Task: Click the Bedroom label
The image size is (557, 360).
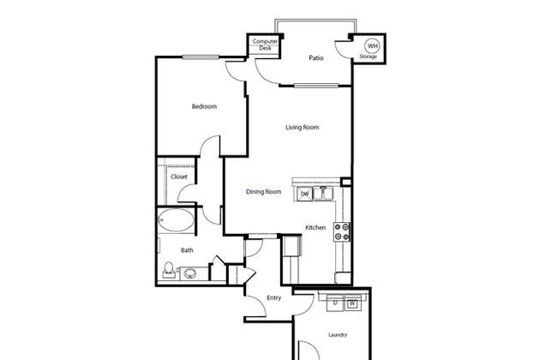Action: click(204, 106)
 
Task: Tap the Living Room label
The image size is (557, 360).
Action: click(302, 127)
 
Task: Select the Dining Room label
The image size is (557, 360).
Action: click(264, 191)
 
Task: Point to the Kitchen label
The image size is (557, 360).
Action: click(315, 227)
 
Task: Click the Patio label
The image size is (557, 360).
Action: click(316, 58)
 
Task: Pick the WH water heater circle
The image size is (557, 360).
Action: click(372, 45)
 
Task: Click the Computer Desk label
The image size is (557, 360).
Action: click(265, 45)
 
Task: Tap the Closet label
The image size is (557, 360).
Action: click(179, 177)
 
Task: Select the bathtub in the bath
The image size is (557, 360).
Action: click(176, 220)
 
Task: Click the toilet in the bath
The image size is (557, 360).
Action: click(169, 270)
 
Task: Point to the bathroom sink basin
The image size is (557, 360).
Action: click(190, 273)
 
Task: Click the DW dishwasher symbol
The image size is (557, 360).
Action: click(304, 194)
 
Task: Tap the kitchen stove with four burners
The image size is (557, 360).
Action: click(342, 231)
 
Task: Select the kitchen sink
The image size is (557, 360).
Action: click(323, 194)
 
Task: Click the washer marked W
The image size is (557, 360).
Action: click(352, 303)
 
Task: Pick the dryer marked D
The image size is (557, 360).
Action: click(335, 303)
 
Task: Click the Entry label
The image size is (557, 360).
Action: click(274, 297)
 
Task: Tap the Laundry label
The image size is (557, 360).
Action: click(338, 335)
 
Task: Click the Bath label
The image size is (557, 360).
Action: click(187, 250)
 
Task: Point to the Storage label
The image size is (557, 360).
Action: click(368, 57)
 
